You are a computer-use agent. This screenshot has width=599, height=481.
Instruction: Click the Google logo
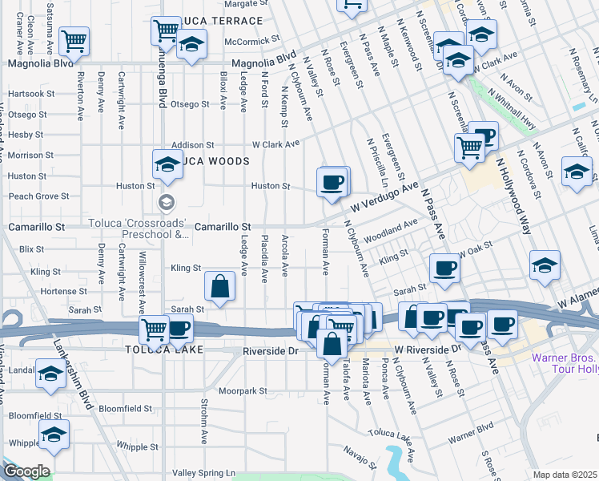coord(26,471)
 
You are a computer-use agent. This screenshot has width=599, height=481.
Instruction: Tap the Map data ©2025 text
coord(565,475)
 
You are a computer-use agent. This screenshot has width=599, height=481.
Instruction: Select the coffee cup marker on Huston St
coord(332,182)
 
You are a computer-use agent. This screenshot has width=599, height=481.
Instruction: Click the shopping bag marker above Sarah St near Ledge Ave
coord(219,286)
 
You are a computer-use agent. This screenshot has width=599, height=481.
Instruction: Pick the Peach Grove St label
coord(38,196)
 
